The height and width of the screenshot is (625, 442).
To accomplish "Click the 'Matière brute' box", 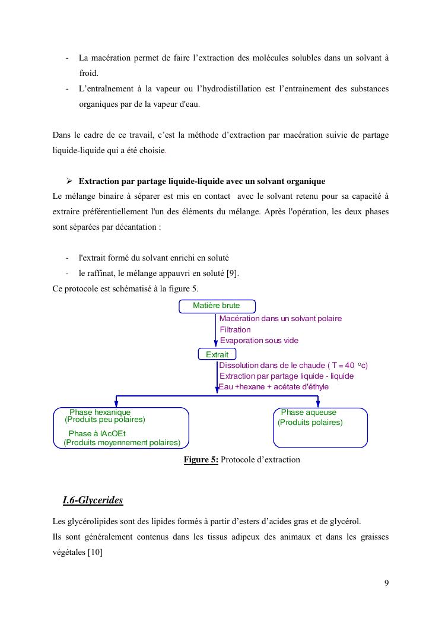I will (x=217, y=306).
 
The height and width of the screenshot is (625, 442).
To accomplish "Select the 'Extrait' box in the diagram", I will (x=217, y=354).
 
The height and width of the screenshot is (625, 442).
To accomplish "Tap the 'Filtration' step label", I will (x=236, y=329).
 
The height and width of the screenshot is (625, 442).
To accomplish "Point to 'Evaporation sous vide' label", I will (x=259, y=341).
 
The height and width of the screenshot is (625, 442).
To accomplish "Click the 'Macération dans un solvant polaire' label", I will (x=281, y=319).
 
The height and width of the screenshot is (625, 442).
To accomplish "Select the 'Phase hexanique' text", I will (x=100, y=413).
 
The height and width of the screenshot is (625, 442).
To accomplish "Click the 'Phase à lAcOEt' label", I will (x=97, y=433).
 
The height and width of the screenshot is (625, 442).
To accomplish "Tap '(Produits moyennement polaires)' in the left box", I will (x=122, y=443).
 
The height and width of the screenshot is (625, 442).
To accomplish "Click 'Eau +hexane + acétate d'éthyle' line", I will (x=274, y=387).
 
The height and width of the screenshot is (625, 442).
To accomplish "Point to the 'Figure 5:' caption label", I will (x=201, y=460).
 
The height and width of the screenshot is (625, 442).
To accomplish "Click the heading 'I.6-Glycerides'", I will (x=93, y=500).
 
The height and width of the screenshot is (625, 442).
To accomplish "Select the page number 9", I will (x=387, y=582).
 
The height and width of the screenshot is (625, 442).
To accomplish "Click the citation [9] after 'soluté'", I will (x=233, y=274).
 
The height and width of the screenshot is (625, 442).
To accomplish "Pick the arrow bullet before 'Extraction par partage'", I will (x=69, y=181).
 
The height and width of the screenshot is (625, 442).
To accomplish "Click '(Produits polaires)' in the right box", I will (x=310, y=423).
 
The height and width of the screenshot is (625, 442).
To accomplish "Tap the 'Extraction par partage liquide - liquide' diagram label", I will (x=287, y=376).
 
